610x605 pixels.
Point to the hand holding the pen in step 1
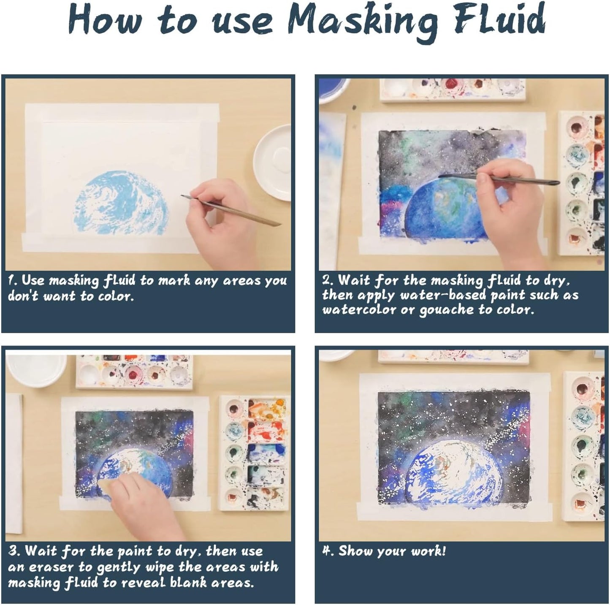coord(220,220)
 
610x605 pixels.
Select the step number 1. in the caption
coord(13,280)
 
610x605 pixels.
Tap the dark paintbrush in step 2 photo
coord(498,179)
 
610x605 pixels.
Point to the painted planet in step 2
coord(443,211)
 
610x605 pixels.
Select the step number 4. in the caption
coord(328,551)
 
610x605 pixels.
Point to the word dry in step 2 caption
coord(559,280)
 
